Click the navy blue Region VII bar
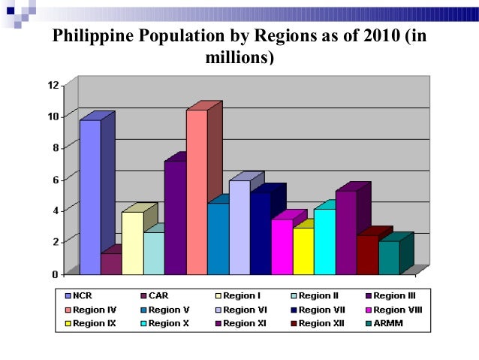pos(261,233)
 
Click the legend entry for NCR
pos(84,295)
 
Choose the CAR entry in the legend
pos(160,295)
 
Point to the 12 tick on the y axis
pos(53,85)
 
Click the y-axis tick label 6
pos(55,179)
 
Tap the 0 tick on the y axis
pos(55,274)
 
